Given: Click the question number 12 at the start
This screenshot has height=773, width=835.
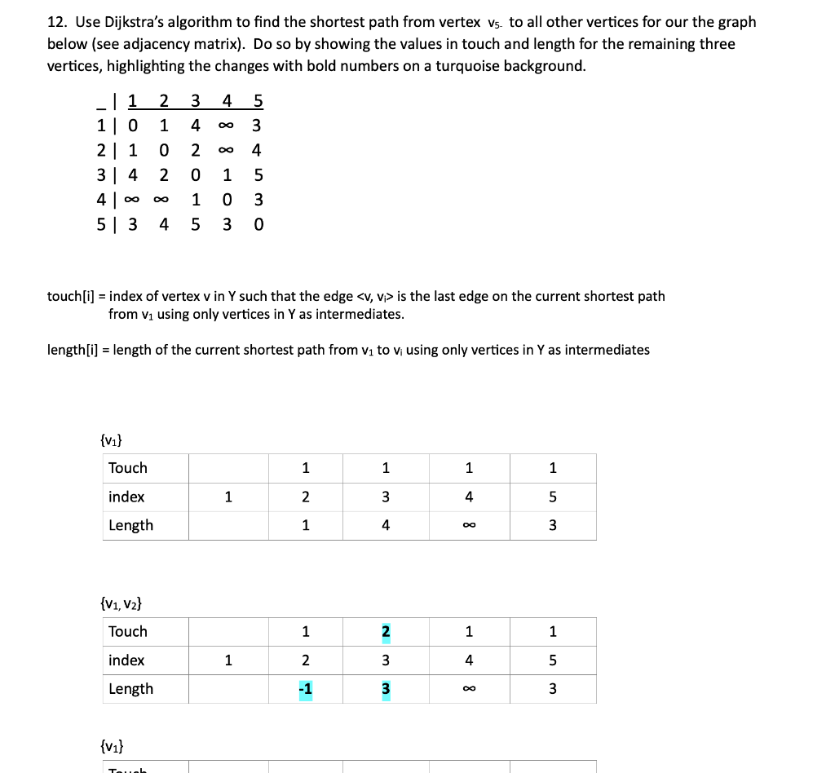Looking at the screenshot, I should pyautogui.click(x=56, y=22).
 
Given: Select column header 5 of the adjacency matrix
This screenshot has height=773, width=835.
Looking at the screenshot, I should pyautogui.click(x=258, y=102).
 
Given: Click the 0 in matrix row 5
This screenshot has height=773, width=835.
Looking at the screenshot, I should pyautogui.click(x=258, y=224).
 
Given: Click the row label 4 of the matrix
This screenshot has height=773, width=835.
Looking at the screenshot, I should pyautogui.click(x=100, y=200).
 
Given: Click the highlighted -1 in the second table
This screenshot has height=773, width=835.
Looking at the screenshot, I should pyautogui.click(x=305, y=689).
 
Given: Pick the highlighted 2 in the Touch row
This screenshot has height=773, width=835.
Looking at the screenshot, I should pyautogui.click(x=386, y=631).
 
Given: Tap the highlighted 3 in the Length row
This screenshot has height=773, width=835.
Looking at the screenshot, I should pyautogui.click(x=386, y=689).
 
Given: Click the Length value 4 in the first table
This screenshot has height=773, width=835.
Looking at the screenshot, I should pyautogui.click(x=386, y=525).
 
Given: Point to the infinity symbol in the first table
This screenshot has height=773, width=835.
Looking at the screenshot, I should pyautogui.click(x=469, y=525).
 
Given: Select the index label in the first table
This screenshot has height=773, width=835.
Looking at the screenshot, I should pyautogui.click(x=126, y=497).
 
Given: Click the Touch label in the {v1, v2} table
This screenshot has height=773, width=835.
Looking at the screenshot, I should pyautogui.click(x=128, y=631).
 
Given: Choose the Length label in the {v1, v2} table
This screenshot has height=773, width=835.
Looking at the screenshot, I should pyautogui.click(x=130, y=689).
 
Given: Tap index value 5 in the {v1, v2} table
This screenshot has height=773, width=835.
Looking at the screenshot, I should pyautogui.click(x=552, y=660).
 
